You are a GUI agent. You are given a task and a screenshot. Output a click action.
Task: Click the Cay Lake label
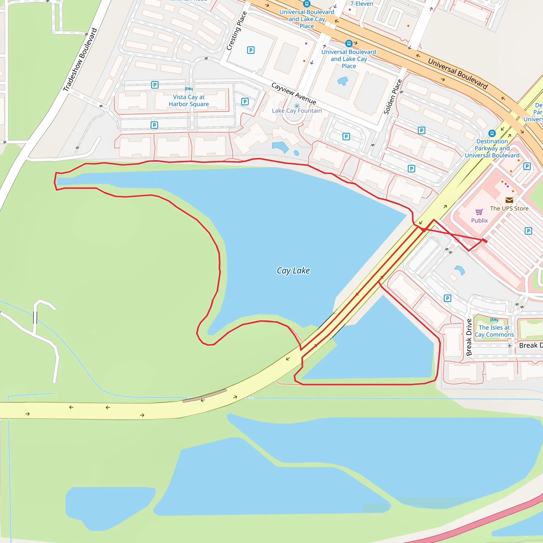(x=293, y=271)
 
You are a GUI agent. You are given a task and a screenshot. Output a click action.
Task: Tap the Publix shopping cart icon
(x=479, y=212)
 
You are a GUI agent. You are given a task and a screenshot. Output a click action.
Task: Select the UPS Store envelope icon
(x=509, y=200)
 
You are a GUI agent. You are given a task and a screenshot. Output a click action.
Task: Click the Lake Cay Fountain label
(x=296, y=111)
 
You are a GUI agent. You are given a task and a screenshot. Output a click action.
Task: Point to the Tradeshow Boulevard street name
(x=80, y=60)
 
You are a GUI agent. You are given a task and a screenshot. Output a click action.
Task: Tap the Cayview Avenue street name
(x=294, y=93)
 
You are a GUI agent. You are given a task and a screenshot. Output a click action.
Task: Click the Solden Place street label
(x=393, y=97)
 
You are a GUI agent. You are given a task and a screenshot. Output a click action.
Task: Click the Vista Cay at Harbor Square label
(x=189, y=100)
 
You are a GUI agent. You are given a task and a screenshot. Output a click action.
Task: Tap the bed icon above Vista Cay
(x=189, y=89)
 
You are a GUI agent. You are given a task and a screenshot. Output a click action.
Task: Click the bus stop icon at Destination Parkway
(x=492, y=133)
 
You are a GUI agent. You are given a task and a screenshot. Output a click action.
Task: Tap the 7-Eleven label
(x=361, y=4)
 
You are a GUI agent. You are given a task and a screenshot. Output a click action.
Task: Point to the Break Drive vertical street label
(x=469, y=337)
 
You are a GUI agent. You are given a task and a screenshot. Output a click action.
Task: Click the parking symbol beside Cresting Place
(x=251, y=50)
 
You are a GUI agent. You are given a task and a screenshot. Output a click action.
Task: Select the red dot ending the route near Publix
(x=486, y=241)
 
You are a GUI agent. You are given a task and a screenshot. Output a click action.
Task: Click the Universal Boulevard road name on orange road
(x=457, y=74)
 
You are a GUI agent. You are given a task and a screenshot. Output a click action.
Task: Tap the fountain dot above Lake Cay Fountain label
(x=297, y=106)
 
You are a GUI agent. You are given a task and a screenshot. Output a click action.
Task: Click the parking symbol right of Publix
(x=528, y=231)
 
